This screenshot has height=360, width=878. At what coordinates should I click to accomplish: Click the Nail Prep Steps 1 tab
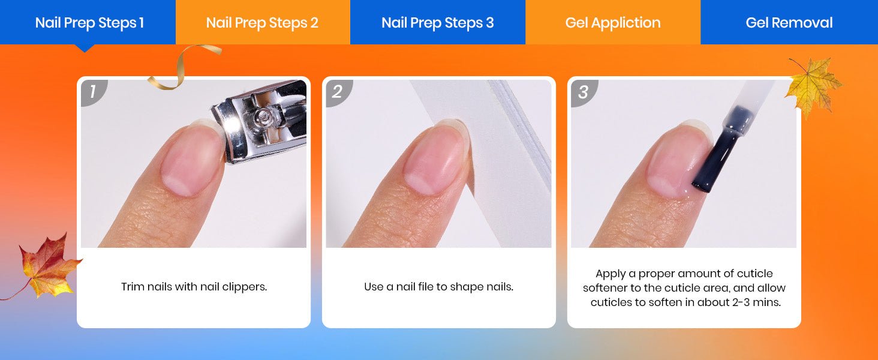88,22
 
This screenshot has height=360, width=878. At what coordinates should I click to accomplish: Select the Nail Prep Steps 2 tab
263,22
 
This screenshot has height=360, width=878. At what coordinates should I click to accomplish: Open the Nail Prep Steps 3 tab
438,22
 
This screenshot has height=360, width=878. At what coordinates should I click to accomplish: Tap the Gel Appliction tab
613,22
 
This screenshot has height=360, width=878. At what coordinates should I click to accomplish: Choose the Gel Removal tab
789,22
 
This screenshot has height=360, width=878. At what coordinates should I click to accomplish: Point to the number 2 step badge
338,92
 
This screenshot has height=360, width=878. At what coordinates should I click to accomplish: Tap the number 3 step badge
583,92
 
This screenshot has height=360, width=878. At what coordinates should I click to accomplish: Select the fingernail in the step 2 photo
435,159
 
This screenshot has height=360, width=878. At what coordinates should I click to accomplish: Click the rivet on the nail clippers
262,115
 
